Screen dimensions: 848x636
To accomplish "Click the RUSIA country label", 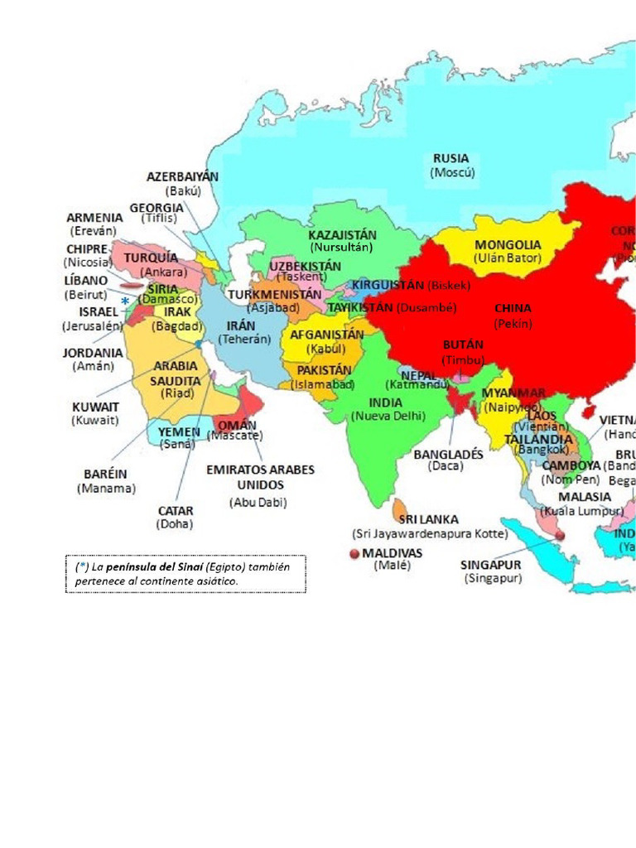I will [450, 158].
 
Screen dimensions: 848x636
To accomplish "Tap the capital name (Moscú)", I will [452, 172].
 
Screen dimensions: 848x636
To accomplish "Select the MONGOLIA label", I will [508, 245].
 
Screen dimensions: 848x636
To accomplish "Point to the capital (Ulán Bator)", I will [508, 258].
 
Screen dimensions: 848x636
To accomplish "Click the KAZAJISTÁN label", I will [342, 234].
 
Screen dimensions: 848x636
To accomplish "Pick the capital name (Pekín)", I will [513, 324].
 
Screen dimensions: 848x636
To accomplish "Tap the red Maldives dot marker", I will [355, 553].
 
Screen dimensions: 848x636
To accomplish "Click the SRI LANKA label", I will [428, 519].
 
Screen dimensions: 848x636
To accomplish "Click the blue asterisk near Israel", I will [125, 301].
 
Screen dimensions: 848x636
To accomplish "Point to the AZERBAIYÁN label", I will [182, 176].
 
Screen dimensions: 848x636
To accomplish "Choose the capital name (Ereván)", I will [94, 231].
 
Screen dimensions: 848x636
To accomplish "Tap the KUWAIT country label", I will [95, 407].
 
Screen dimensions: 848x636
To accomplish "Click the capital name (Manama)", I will [106, 488].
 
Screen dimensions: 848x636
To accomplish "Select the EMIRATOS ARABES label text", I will [260, 470].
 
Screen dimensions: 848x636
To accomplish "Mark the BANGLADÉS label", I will [448, 454].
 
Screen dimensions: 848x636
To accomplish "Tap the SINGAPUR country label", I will [490, 565].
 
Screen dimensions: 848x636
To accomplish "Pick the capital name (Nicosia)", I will [88, 263].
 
